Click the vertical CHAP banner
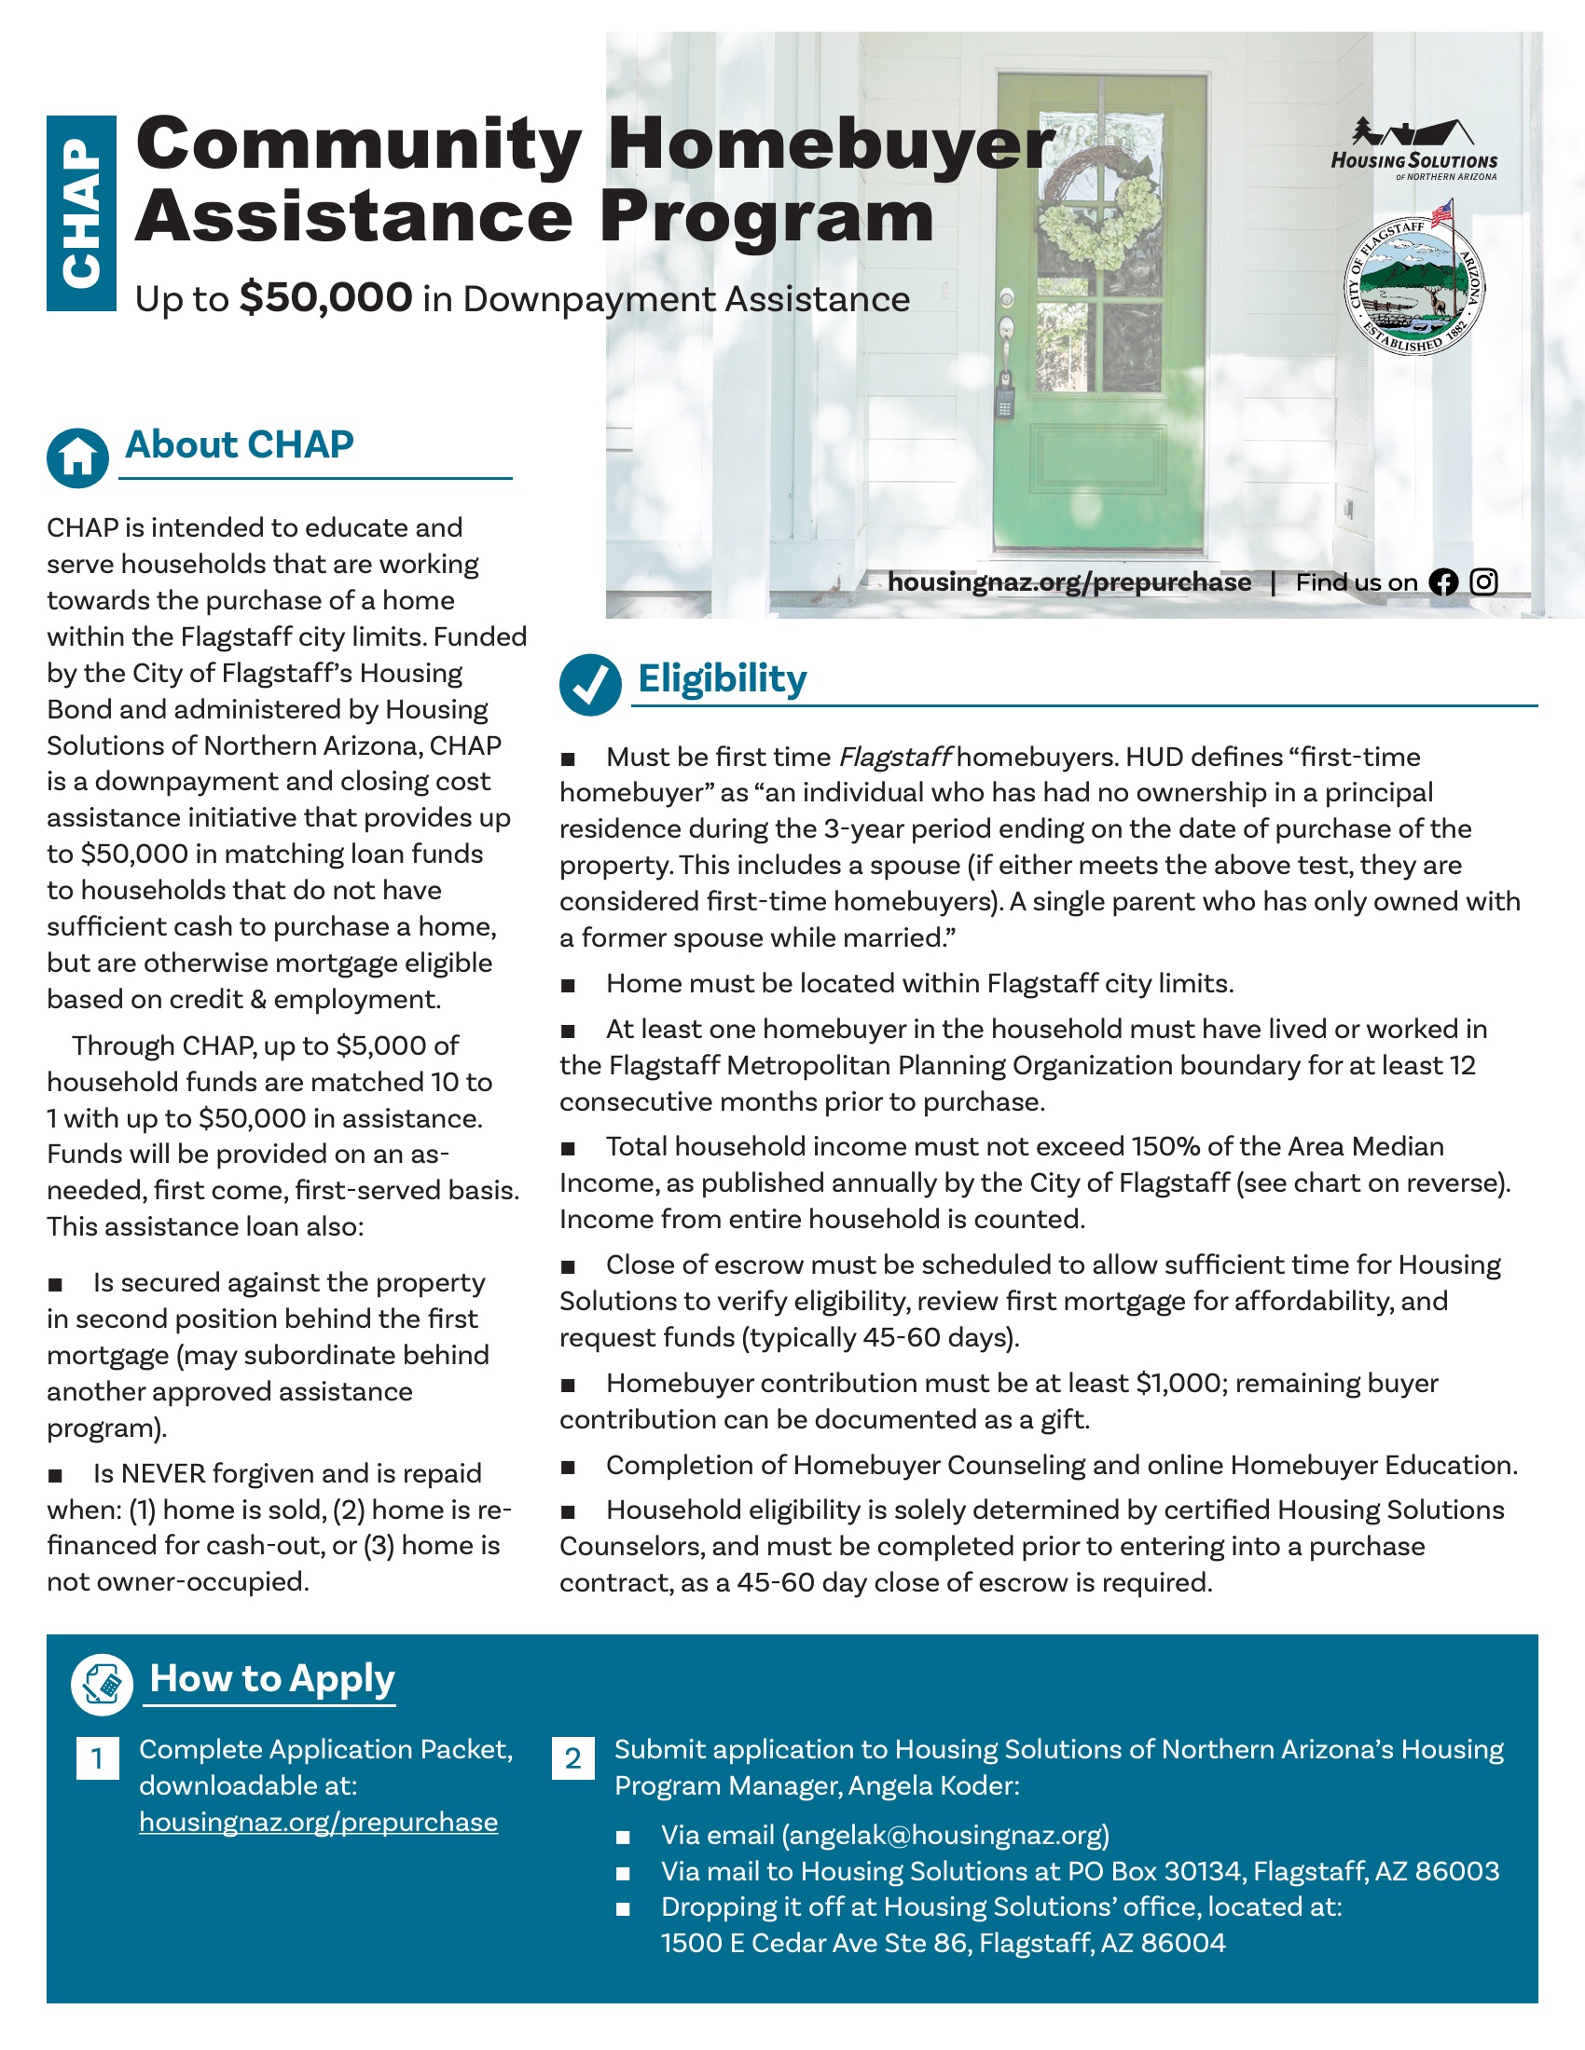[x=82, y=213]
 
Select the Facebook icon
[x=1443, y=583]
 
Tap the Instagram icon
[x=1483, y=583]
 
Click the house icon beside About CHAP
[x=78, y=459]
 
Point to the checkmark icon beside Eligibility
[x=589, y=684]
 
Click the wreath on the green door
[x=1098, y=212]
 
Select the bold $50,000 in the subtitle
[x=324, y=297]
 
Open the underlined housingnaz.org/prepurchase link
[x=318, y=1822]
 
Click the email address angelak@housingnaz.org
[x=944, y=1835]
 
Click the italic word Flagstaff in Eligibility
[x=895, y=757]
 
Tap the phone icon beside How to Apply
[x=102, y=1684]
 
